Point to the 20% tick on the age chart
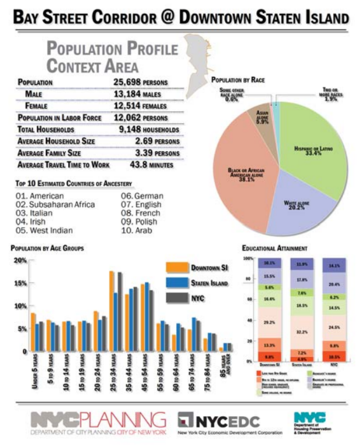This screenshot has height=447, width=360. (20, 260)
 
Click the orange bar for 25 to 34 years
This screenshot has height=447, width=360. (112, 311)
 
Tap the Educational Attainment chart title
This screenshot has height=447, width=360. (275, 249)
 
